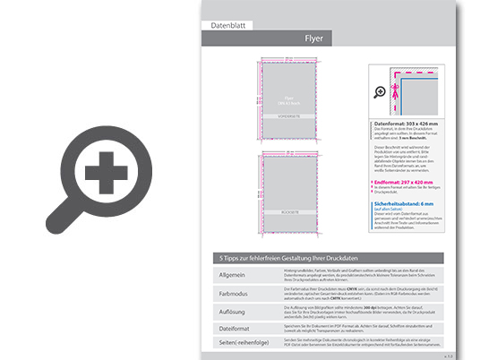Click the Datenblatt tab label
pyautogui.click(x=228, y=26)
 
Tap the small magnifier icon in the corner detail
pyautogui.click(x=381, y=91)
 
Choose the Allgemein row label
pyautogui.click(x=232, y=275)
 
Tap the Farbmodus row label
pyautogui.click(x=234, y=292)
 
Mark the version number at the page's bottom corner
pyautogui.click(x=447, y=356)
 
